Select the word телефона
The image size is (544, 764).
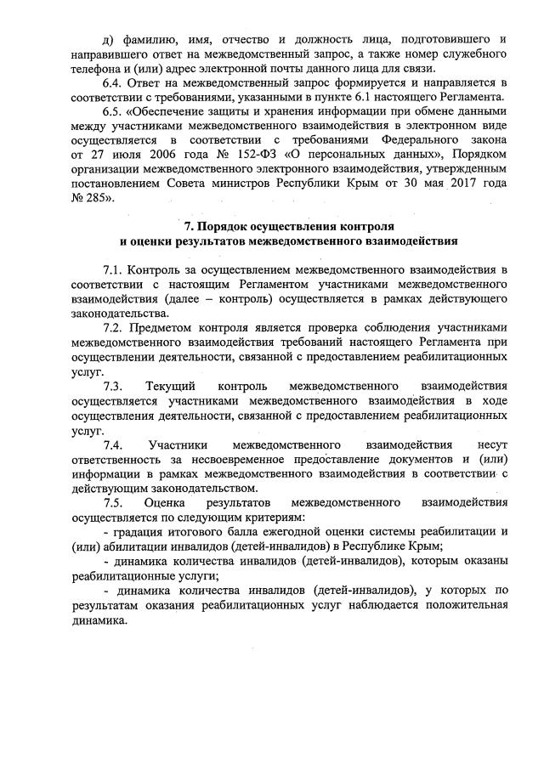pos(98,69)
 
